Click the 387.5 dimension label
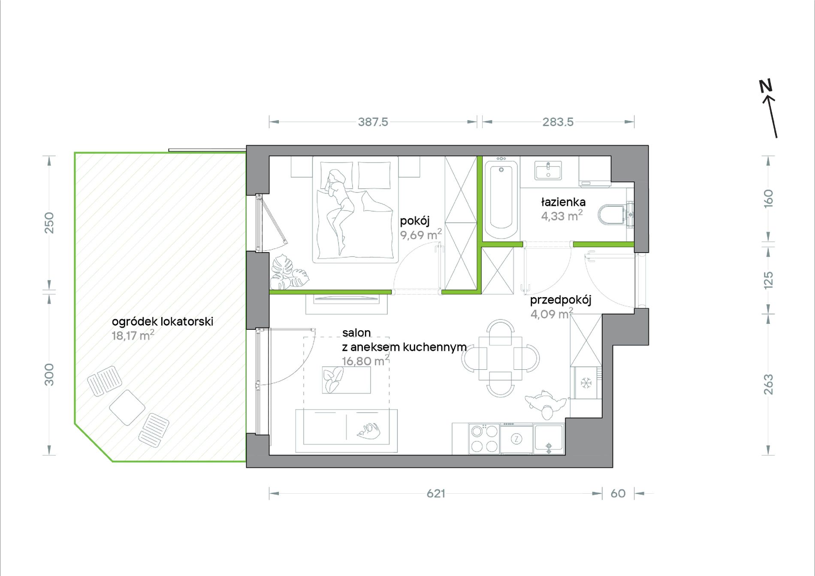(x=373, y=122)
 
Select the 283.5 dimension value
(x=558, y=122)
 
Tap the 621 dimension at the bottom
(x=436, y=494)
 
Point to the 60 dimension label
(x=618, y=494)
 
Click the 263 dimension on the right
(x=768, y=384)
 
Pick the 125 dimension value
(x=768, y=280)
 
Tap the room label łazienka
(x=563, y=202)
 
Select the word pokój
(x=415, y=221)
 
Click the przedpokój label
(x=561, y=300)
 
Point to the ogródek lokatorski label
(x=163, y=322)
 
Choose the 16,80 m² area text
(x=365, y=361)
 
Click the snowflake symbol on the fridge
(x=586, y=383)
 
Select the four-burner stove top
(x=484, y=439)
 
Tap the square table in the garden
(x=127, y=407)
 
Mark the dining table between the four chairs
(x=501, y=359)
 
